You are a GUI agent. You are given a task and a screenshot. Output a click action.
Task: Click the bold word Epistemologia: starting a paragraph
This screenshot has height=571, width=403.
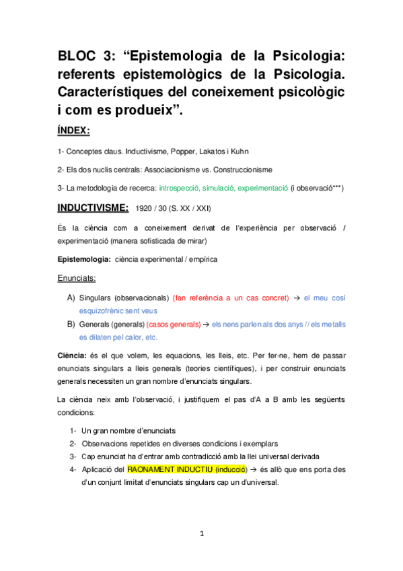point(84,259)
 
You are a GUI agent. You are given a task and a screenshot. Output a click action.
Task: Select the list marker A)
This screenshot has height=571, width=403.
point(71,297)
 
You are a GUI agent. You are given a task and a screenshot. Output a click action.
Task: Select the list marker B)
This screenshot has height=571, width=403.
point(71,324)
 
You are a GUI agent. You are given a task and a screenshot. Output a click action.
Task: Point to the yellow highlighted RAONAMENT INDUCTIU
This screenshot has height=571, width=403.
point(178,469)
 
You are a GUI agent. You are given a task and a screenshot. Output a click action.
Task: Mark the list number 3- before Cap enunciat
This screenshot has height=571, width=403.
point(73,456)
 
